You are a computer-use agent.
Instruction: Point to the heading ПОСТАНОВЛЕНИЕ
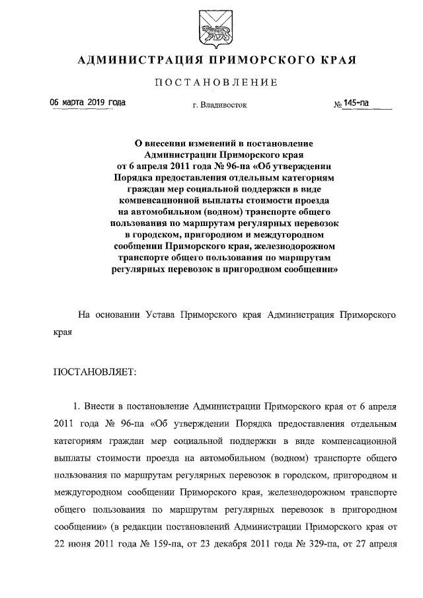point(211,83)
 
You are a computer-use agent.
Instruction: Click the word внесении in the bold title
point(169,142)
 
